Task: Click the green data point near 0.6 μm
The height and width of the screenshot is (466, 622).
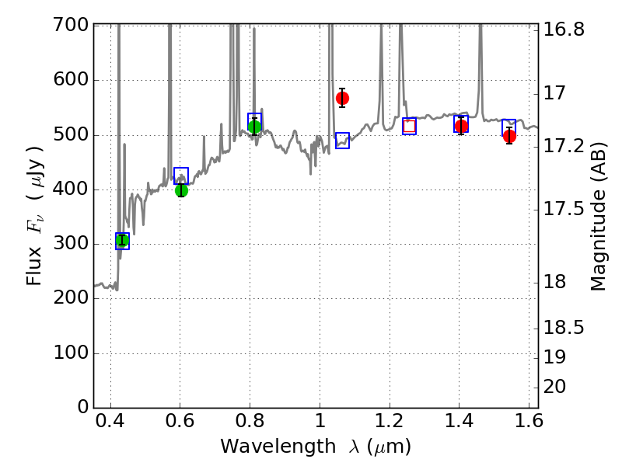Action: click(x=181, y=190)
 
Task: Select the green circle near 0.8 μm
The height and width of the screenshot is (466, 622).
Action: click(x=254, y=127)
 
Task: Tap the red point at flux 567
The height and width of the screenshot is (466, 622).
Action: click(x=342, y=98)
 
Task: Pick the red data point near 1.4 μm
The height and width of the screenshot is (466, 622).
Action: click(x=461, y=126)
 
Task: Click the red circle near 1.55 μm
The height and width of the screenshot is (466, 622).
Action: click(x=509, y=136)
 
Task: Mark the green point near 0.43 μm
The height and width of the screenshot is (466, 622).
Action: click(x=122, y=241)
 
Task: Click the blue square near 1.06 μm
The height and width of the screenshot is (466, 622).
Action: click(x=342, y=141)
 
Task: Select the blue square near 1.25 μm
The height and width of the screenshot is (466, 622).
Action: click(x=409, y=126)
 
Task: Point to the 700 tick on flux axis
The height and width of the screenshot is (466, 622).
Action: click(x=71, y=26)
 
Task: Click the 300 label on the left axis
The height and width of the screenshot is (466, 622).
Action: click(x=71, y=245)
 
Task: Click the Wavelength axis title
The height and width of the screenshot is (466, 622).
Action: click(x=315, y=447)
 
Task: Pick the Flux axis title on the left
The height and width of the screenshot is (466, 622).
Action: click(x=36, y=216)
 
